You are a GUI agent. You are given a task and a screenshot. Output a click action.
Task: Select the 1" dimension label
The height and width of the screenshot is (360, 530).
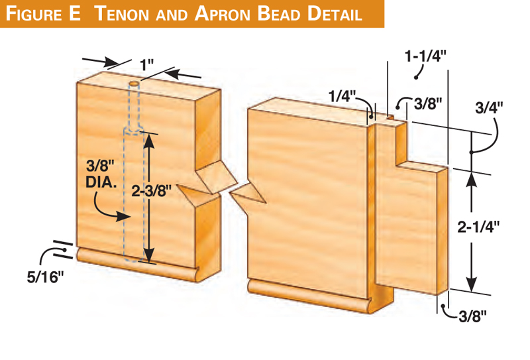(x=146, y=64)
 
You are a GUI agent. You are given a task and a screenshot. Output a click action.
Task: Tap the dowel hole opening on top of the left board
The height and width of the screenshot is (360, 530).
(x=134, y=85)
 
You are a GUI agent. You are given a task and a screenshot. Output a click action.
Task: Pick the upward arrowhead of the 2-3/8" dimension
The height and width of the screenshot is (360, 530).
(x=149, y=139)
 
